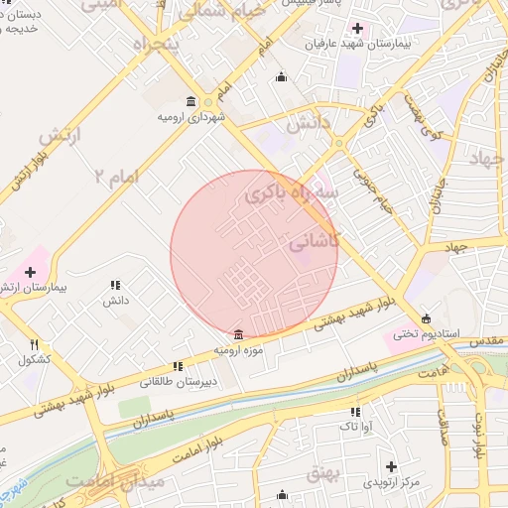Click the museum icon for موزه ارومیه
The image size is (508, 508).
(x=236, y=334)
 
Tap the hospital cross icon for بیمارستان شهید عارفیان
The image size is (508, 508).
(x=358, y=26)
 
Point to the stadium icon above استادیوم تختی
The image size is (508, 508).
(x=427, y=318)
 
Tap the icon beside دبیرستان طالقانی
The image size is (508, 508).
(x=178, y=365)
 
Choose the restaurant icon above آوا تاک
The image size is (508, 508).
(x=354, y=411)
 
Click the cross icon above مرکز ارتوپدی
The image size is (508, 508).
(x=391, y=465)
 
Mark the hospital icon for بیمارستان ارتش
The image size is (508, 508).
(x=30, y=271)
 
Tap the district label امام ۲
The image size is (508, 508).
(x=119, y=177)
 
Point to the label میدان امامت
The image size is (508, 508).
(x=106, y=481)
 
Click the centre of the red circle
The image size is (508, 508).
(x=254, y=254)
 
